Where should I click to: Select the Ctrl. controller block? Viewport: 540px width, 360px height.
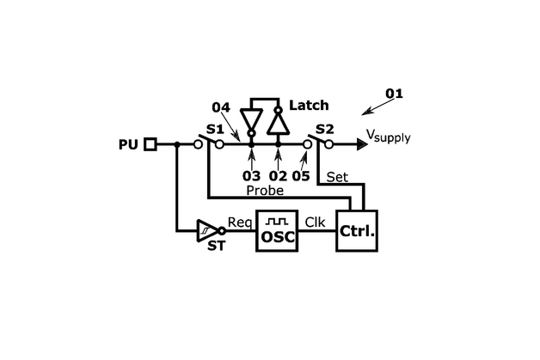point(357,229)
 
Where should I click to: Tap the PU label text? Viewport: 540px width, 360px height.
point(127,144)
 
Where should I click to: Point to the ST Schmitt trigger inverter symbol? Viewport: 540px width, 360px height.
point(208,229)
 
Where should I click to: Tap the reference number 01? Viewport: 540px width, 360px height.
point(393,93)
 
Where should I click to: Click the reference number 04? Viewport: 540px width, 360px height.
point(221,107)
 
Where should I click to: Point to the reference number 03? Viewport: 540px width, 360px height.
point(251,176)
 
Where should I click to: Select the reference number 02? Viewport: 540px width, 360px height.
point(279,176)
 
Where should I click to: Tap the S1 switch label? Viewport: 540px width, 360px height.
point(214,129)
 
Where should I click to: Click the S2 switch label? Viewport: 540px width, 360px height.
point(324,129)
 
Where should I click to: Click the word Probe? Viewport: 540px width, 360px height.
point(265,190)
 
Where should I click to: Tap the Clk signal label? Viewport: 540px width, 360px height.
point(316,221)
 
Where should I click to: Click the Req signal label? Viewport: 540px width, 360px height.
point(239,221)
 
